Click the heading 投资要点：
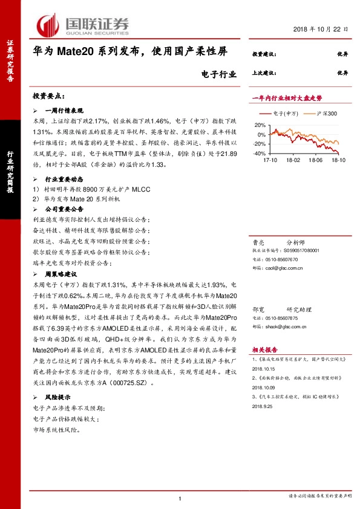48,96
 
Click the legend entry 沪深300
311,113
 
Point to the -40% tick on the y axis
258,154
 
